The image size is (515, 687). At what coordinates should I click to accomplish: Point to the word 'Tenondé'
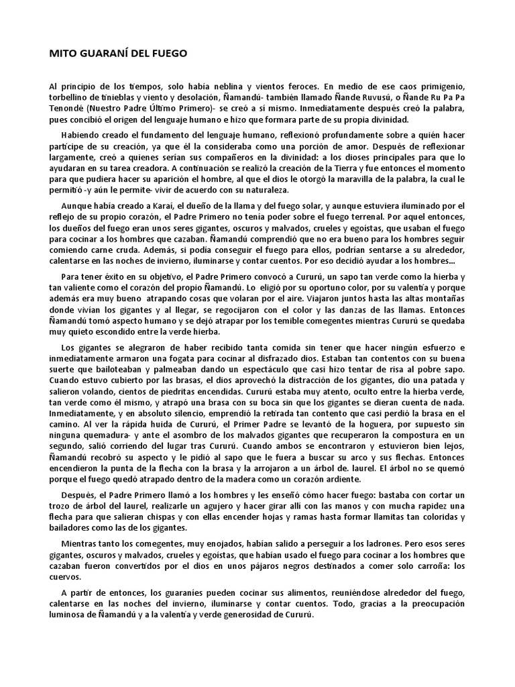(68, 109)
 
